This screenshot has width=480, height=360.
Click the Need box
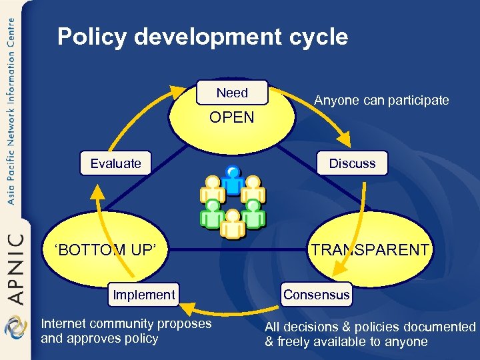[x=232, y=93]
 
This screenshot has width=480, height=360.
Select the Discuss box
[x=352, y=163]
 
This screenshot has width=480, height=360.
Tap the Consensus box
[x=316, y=294]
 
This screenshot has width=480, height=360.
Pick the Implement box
[x=144, y=295]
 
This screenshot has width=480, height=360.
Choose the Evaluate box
[x=116, y=163]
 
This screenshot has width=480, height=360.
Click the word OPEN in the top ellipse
[x=232, y=118]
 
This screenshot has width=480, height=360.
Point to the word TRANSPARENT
[x=371, y=250]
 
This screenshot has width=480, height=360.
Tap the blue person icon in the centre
[x=233, y=179]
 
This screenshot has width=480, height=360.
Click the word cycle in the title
[x=315, y=37]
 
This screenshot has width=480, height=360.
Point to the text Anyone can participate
[x=381, y=101]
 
